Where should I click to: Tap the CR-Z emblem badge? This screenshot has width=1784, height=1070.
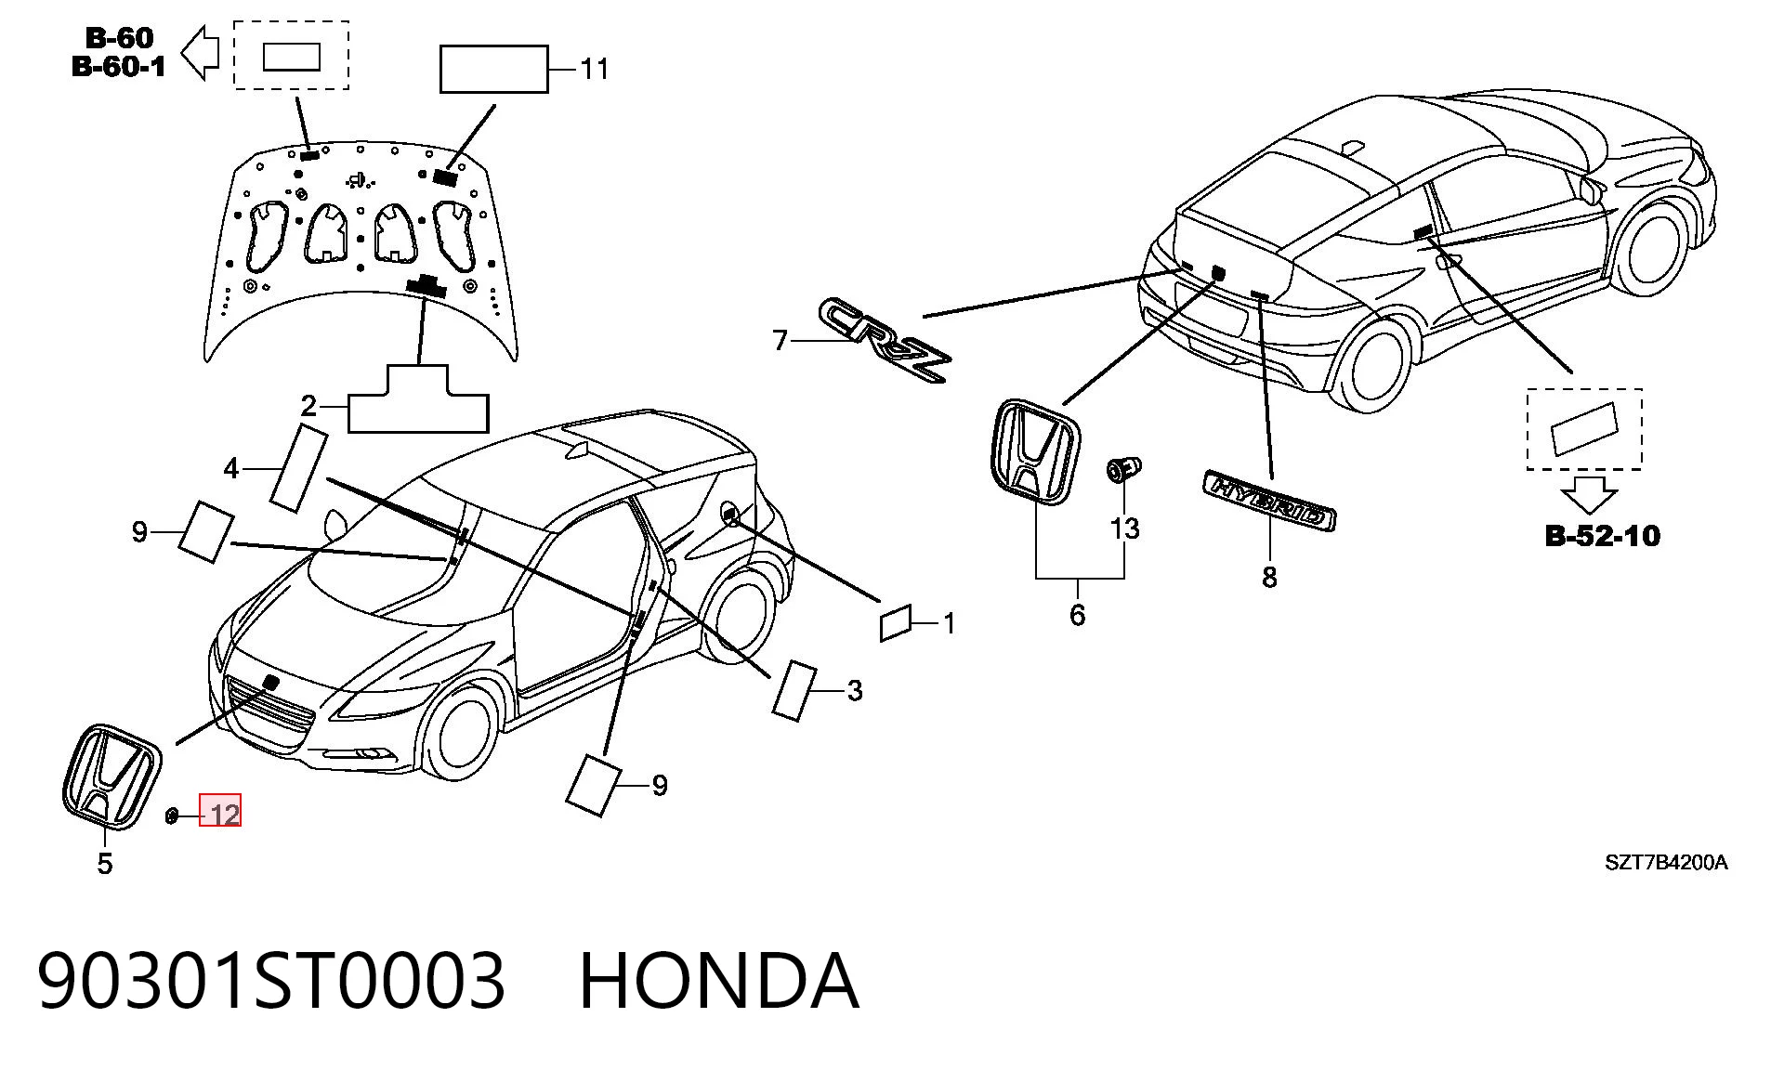pyautogui.click(x=886, y=339)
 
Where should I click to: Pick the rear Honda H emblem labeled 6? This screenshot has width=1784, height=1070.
pyautogui.click(x=1032, y=452)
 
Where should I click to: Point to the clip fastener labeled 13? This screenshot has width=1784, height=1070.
pyautogui.click(x=1122, y=469)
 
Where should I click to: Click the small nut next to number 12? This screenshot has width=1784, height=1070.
pyautogui.click(x=172, y=816)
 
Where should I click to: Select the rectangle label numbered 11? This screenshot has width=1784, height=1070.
pyautogui.click(x=493, y=69)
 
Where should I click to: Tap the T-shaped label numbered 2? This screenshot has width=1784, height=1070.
pyautogui.click(x=418, y=399)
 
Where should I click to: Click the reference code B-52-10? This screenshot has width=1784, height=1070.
pyautogui.click(x=1602, y=536)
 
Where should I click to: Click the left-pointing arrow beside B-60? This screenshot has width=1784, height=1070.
pyautogui.click(x=200, y=52)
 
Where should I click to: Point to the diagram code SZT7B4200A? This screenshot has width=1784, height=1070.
pyautogui.click(x=1666, y=863)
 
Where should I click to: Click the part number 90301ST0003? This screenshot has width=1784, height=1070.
pyautogui.click(x=271, y=981)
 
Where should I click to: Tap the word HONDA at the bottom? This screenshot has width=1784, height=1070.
pyautogui.click(x=718, y=981)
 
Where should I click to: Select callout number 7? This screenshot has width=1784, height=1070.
pyautogui.click(x=780, y=341)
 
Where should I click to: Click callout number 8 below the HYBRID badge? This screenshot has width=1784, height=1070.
pyautogui.click(x=1269, y=578)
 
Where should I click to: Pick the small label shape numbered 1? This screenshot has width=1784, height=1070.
pyautogui.click(x=896, y=622)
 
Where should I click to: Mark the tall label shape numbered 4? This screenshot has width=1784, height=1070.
pyautogui.click(x=298, y=468)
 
